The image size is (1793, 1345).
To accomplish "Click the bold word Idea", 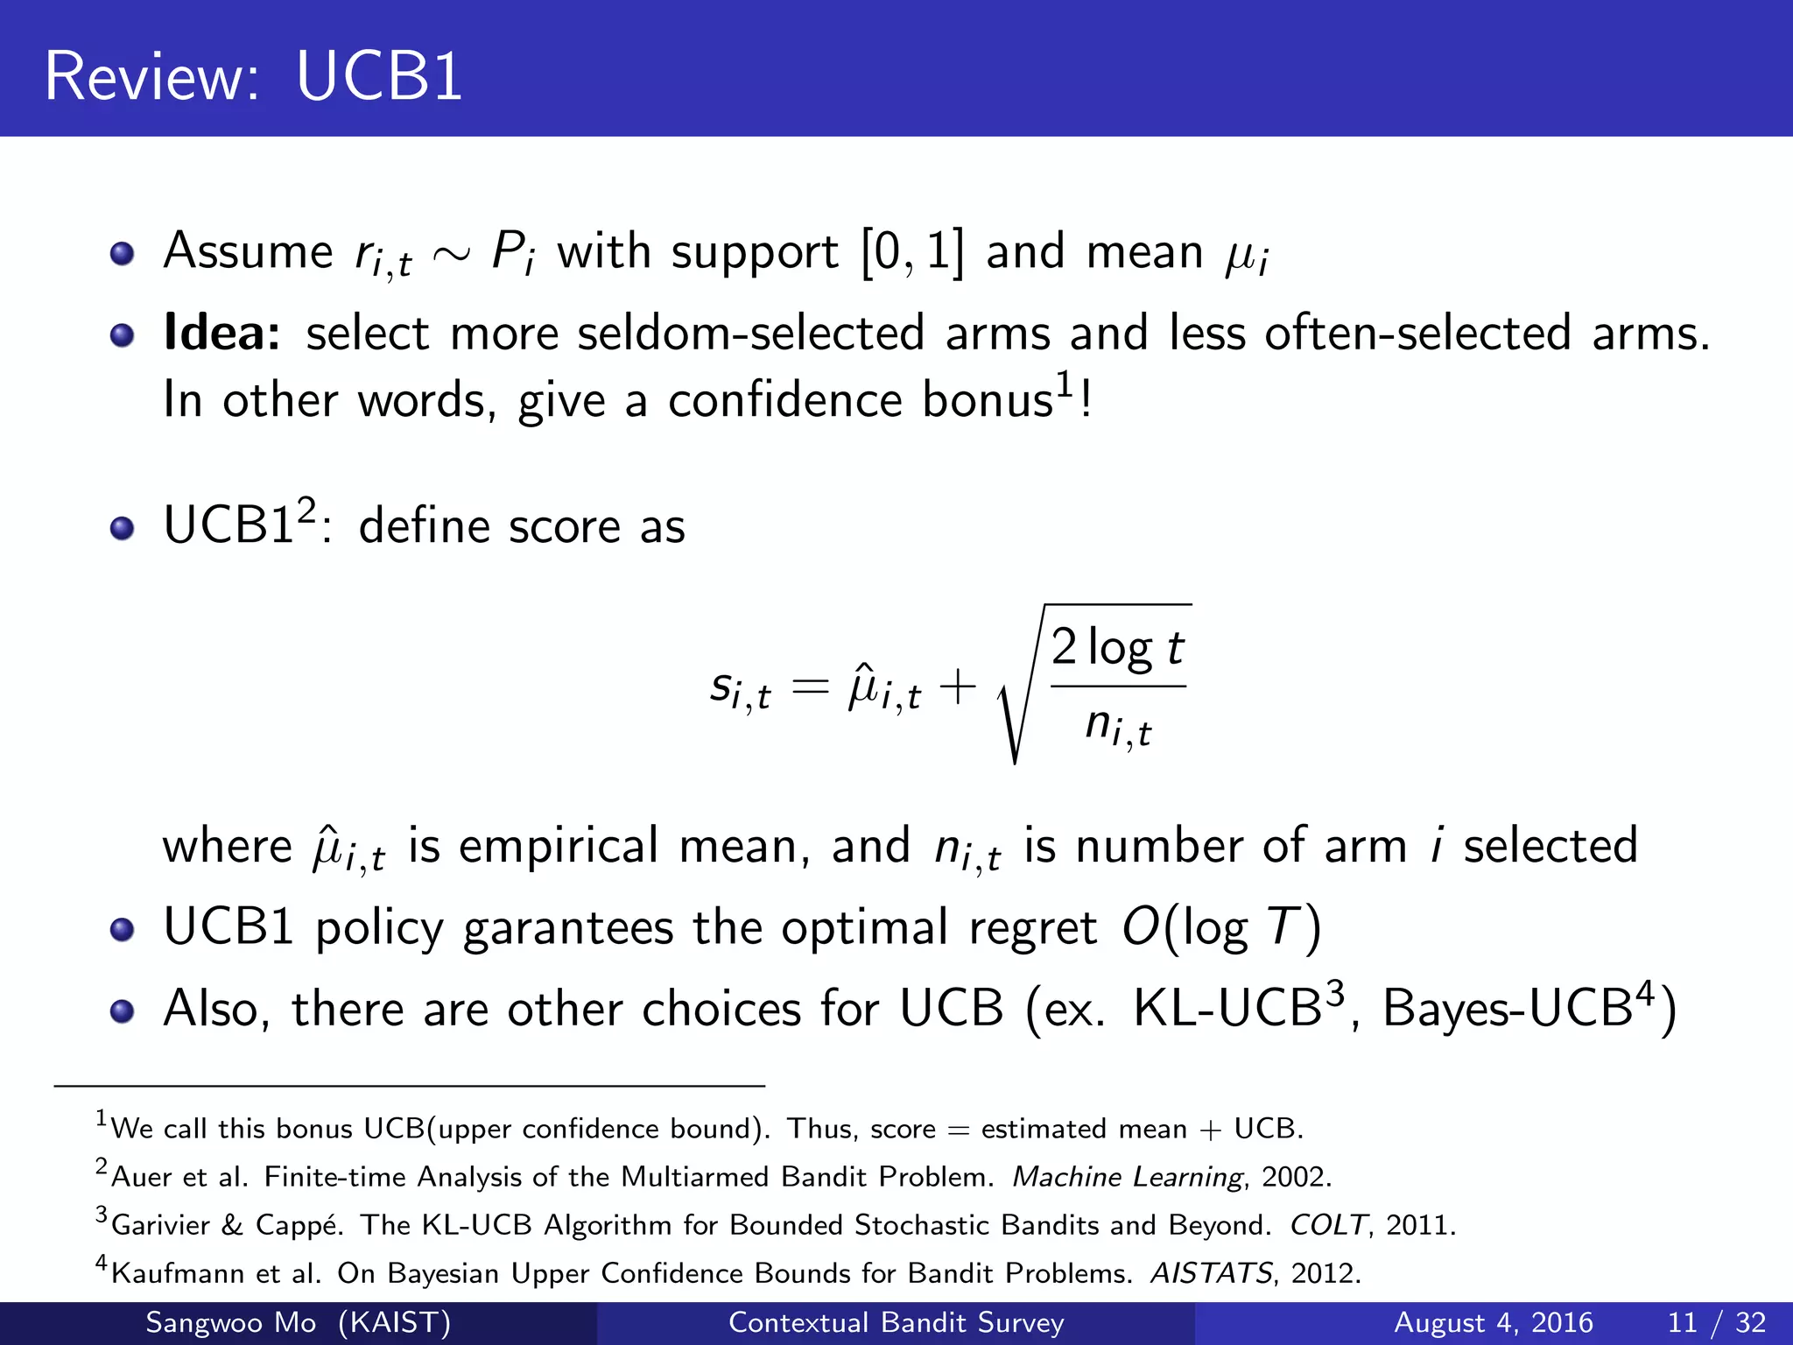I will pyautogui.click(x=221, y=334).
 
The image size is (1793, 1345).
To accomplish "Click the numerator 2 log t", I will pyautogui.click(x=1117, y=648).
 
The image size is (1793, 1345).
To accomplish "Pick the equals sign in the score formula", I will pyautogui.click(x=810, y=688).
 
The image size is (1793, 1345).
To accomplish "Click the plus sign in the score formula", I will pyautogui.click(x=958, y=687).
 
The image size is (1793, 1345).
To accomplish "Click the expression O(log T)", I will pyautogui.click(x=1222, y=928).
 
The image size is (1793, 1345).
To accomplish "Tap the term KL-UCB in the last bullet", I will pyautogui.click(x=1227, y=1009).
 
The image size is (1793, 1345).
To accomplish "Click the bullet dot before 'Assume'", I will pyautogui.click(x=123, y=255).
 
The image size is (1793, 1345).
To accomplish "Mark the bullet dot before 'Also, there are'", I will pyautogui.click(x=123, y=1011).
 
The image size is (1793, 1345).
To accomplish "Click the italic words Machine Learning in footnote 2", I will pyautogui.click(x=1128, y=1177).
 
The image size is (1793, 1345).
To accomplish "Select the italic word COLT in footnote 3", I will pyautogui.click(x=1327, y=1225).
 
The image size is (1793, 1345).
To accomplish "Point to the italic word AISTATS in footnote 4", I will pyautogui.click(x=1212, y=1273).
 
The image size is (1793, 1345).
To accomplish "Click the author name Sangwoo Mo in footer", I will pyautogui.click(x=231, y=1322).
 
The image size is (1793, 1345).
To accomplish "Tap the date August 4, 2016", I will pyautogui.click(x=1493, y=1322).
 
